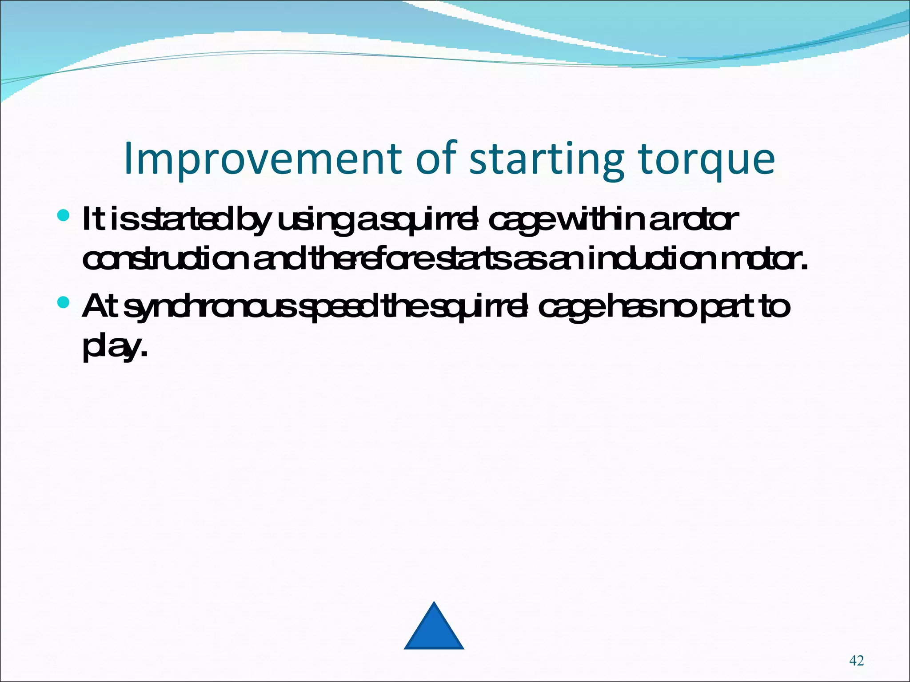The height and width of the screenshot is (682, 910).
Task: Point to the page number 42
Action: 856,661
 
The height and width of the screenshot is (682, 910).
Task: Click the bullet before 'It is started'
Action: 64,216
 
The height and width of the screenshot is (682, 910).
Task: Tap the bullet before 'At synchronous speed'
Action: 64,302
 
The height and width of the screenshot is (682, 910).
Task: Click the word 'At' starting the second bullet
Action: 99,306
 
